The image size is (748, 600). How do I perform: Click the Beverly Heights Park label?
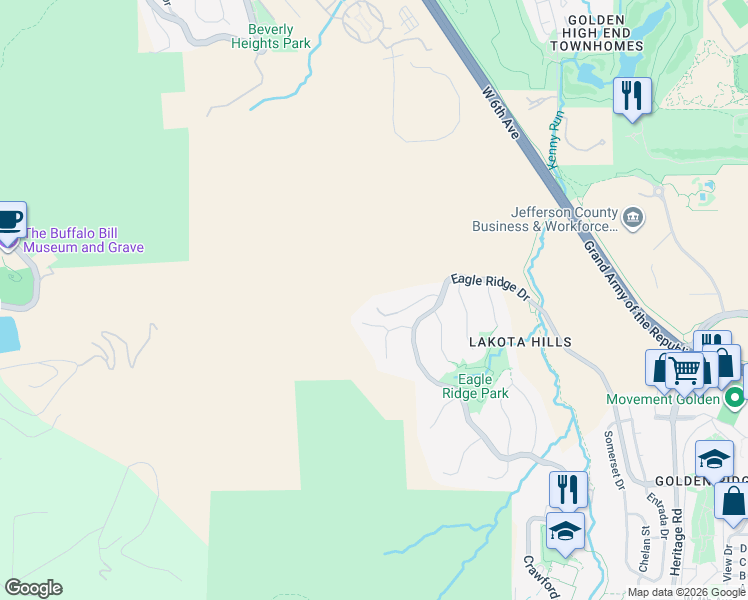coord(271,37)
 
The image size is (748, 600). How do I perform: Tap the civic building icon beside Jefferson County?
coord(633,218)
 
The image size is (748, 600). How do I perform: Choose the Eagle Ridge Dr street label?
coord(489,287)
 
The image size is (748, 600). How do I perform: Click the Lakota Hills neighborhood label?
coord(521,342)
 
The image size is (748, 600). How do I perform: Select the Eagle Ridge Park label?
coord(475,386)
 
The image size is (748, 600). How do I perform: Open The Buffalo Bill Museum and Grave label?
coord(84,240)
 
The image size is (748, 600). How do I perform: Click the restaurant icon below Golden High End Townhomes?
coord(631,96)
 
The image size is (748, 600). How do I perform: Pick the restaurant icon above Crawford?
coord(567,489)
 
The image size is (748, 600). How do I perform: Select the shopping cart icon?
coord(685,370)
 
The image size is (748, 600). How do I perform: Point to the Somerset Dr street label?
coord(613,460)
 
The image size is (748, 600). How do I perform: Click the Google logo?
coord(33,588)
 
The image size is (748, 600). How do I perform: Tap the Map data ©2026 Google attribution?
coord(687,592)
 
